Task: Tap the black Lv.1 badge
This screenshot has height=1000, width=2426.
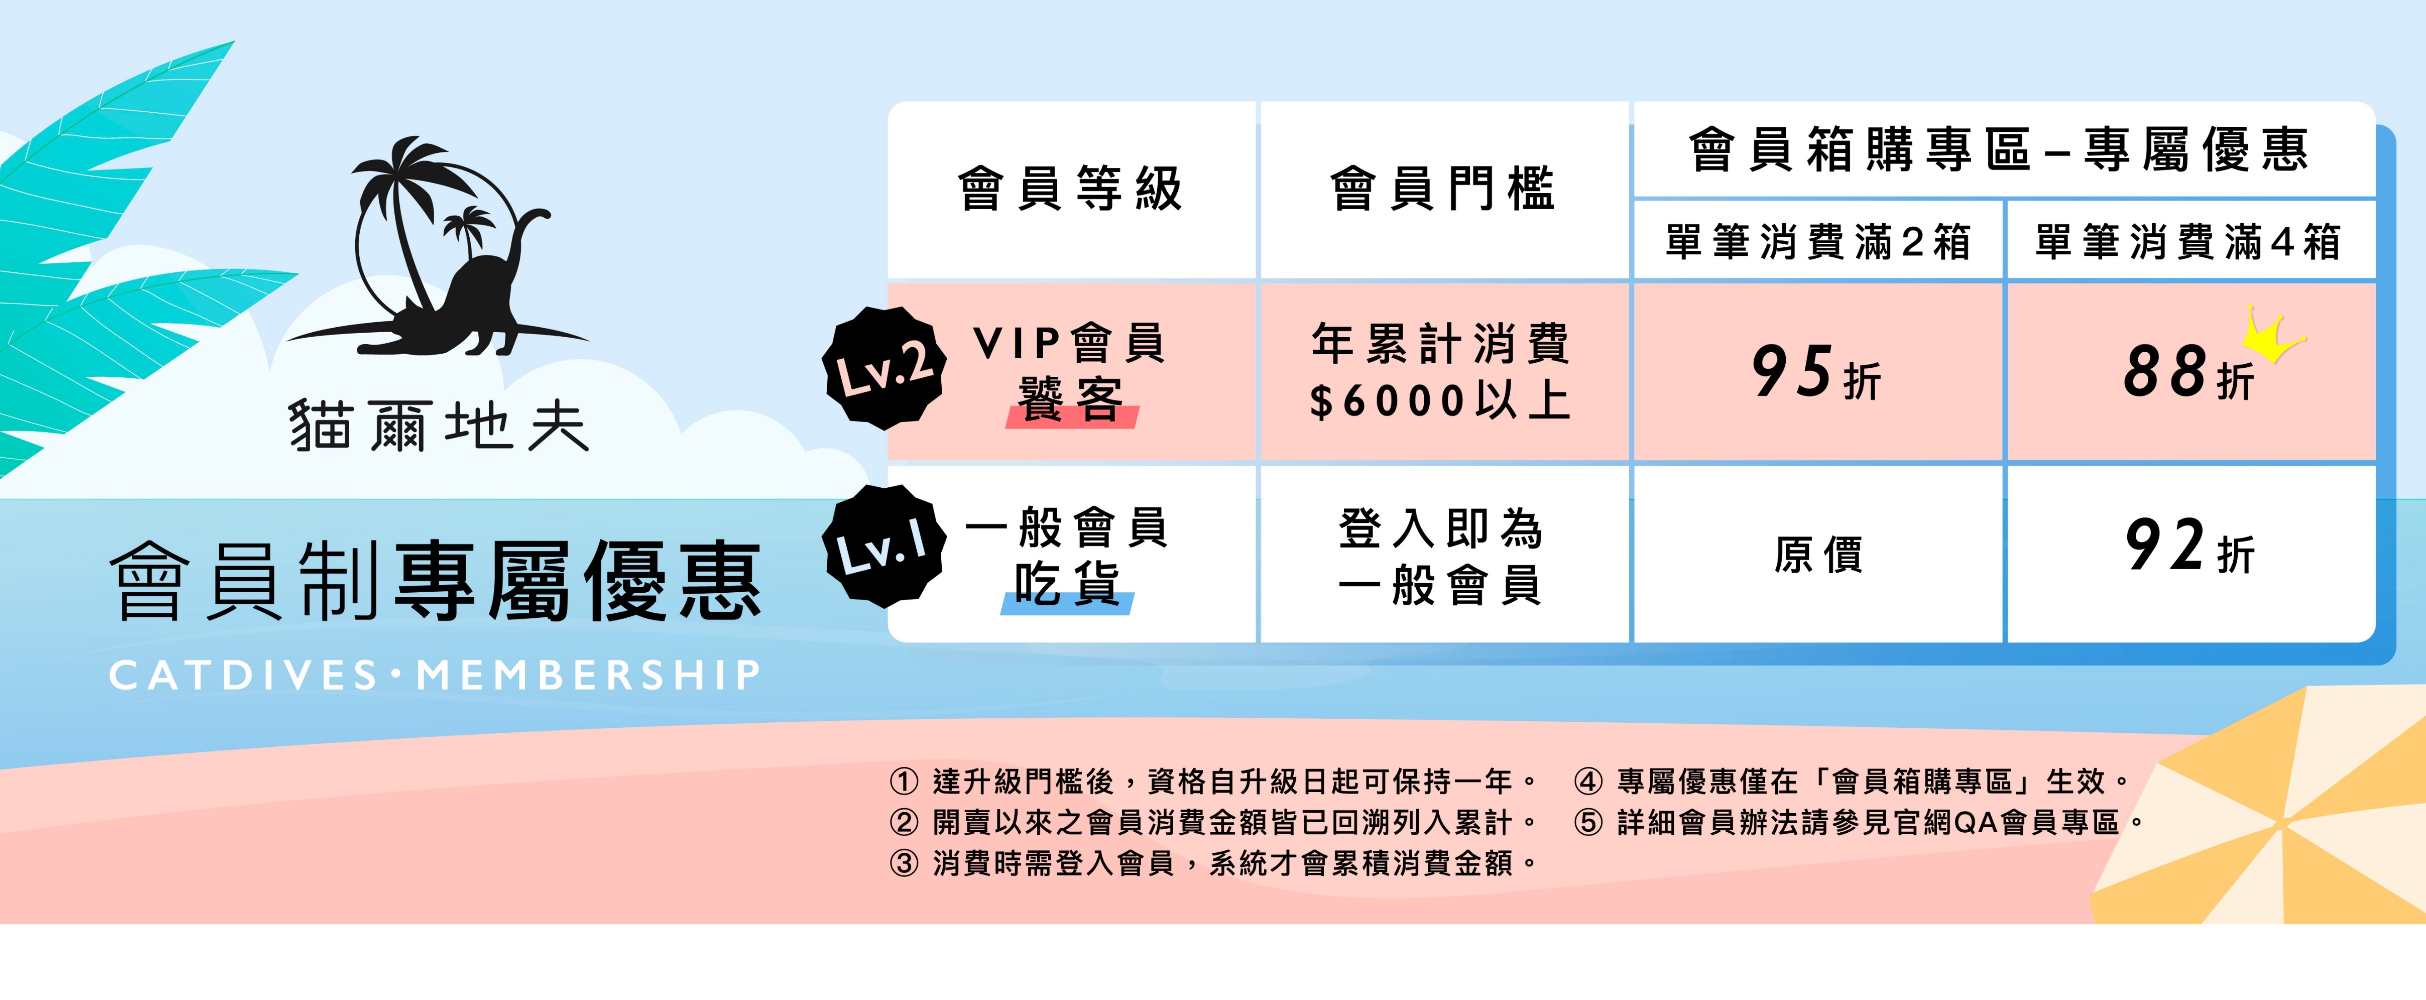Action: point(884,546)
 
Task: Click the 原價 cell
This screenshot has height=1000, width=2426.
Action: point(1818,554)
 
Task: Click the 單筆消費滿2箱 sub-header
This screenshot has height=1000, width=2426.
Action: point(1818,241)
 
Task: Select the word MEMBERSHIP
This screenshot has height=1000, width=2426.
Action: point(588,675)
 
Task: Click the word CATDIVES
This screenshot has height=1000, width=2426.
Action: point(243,675)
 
